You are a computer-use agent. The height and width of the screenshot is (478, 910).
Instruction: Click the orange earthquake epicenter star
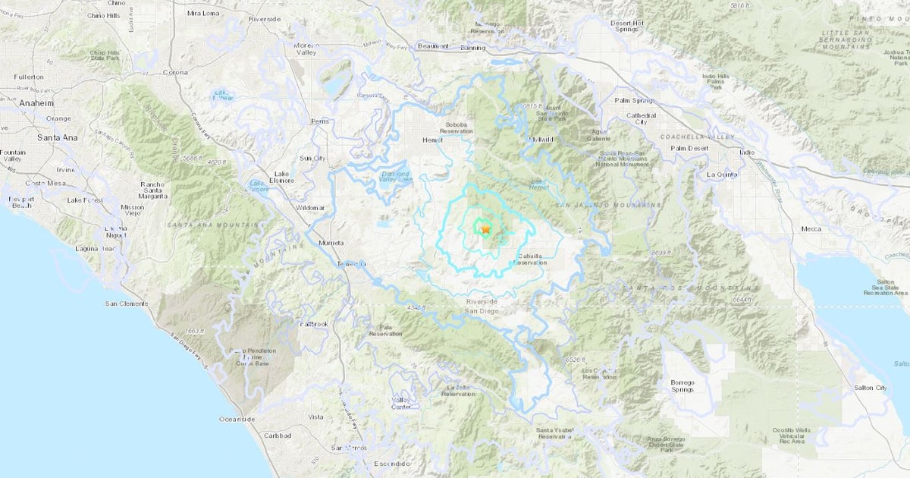pos(485,228)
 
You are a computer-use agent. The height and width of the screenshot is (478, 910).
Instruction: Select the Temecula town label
pos(352,264)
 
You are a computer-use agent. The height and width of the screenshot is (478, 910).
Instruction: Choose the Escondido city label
pos(392,463)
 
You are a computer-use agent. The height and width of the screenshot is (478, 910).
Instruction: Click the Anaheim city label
pos(36,103)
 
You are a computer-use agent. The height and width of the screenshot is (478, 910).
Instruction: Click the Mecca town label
pos(812,228)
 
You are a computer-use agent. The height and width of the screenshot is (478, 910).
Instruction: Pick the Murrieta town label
pos(331,243)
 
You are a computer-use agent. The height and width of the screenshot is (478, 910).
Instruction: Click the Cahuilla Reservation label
pos(529,259)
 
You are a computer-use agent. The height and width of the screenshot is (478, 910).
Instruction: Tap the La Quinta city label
pos(722,174)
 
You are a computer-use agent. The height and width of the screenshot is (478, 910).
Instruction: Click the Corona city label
pos(175,72)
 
